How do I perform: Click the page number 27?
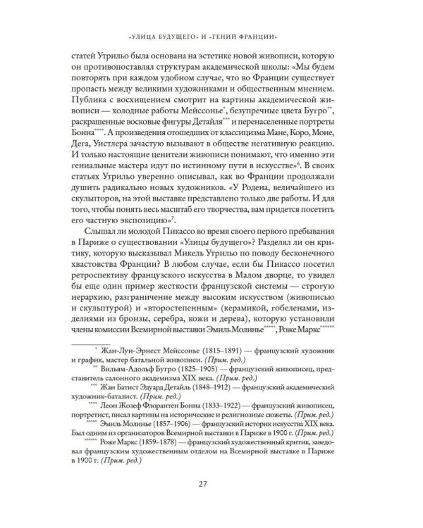coord(211,502)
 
